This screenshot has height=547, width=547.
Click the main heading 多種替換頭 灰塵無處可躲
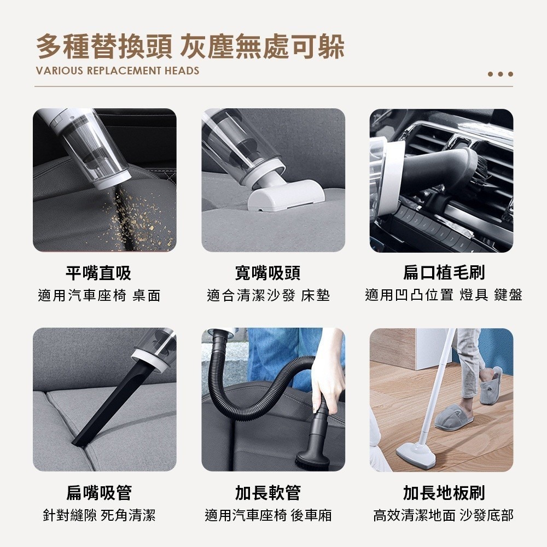tap(190, 46)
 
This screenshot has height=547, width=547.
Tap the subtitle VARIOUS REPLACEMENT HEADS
tap(117, 71)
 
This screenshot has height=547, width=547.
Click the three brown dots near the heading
tap(501, 74)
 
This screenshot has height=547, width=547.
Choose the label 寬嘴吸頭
tap(268, 272)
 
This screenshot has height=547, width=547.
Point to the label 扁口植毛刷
tap(444, 272)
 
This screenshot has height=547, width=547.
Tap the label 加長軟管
tap(268, 492)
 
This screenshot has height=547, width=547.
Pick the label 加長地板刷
tap(444, 492)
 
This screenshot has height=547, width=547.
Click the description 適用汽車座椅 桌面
tap(99, 296)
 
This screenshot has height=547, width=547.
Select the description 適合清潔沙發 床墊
tap(268, 296)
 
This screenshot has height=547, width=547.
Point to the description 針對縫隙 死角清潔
tap(99, 515)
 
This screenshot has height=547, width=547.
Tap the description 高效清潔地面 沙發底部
tap(444, 515)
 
